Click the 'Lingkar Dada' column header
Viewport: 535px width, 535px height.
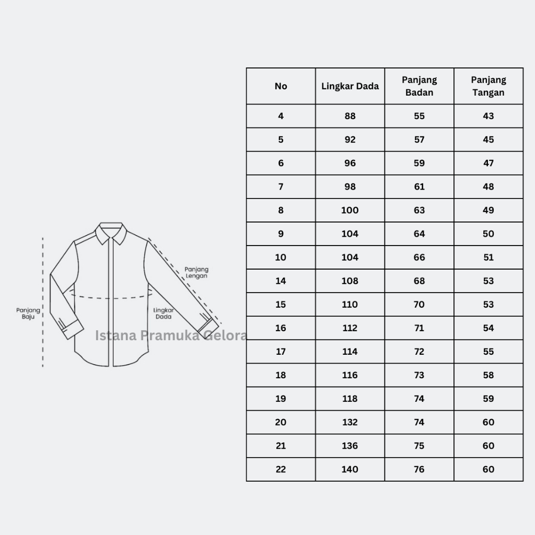point(350,86)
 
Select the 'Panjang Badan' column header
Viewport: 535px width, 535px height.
point(420,86)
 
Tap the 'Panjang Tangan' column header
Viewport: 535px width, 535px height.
point(489,86)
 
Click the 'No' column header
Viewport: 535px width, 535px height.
point(281,86)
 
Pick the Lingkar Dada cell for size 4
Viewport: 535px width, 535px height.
point(350,116)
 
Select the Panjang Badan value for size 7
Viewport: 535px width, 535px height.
point(420,187)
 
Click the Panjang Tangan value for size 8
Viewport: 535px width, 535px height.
point(489,210)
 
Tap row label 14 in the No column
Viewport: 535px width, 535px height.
point(281,281)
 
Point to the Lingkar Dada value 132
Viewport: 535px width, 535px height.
point(350,422)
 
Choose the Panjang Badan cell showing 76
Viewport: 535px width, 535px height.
point(420,469)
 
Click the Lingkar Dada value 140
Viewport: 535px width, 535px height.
point(350,469)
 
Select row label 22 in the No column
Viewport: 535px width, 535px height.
point(281,469)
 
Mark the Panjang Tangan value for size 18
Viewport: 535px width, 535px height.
point(489,375)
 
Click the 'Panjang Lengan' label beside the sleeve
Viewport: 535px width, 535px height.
point(196,272)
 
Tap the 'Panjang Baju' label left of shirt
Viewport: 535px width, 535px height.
point(28,313)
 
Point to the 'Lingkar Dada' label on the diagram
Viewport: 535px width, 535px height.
point(164,313)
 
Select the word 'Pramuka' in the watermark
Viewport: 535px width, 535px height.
point(170,335)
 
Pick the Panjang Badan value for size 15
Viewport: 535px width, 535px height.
point(420,305)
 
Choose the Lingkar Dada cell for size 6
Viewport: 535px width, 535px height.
point(350,163)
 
